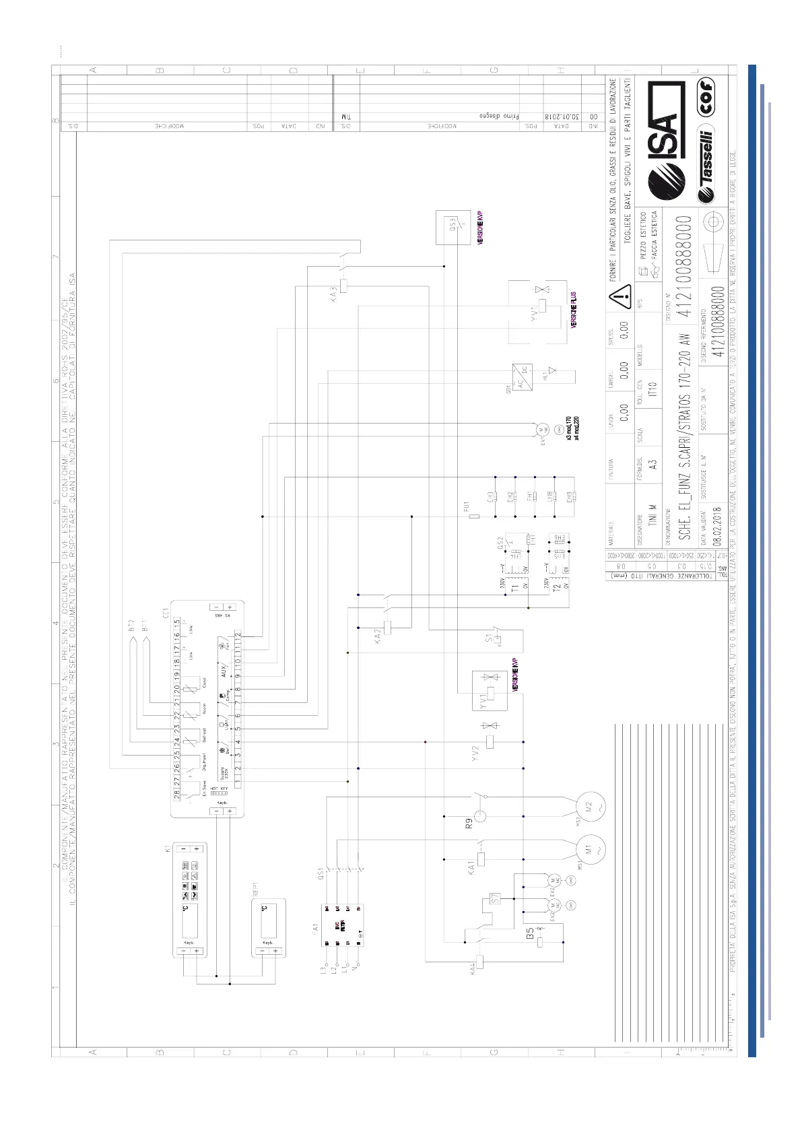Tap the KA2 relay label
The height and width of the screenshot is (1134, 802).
pyautogui.click(x=378, y=636)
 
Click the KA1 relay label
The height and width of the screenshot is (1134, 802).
pyautogui.click(x=471, y=867)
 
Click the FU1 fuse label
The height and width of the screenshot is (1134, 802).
pyautogui.click(x=466, y=506)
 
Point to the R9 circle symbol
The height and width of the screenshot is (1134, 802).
pyautogui.click(x=479, y=816)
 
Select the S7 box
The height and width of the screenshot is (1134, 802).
pyautogui.click(x=495, y=898)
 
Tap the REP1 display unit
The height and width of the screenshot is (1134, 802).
pyautogui.click(x=268, y=927)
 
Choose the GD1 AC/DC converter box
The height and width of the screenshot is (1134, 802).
pyautogui.click(x=522, y=378)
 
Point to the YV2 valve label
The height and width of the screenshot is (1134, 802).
pyautogui.click(x=475, y=752)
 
